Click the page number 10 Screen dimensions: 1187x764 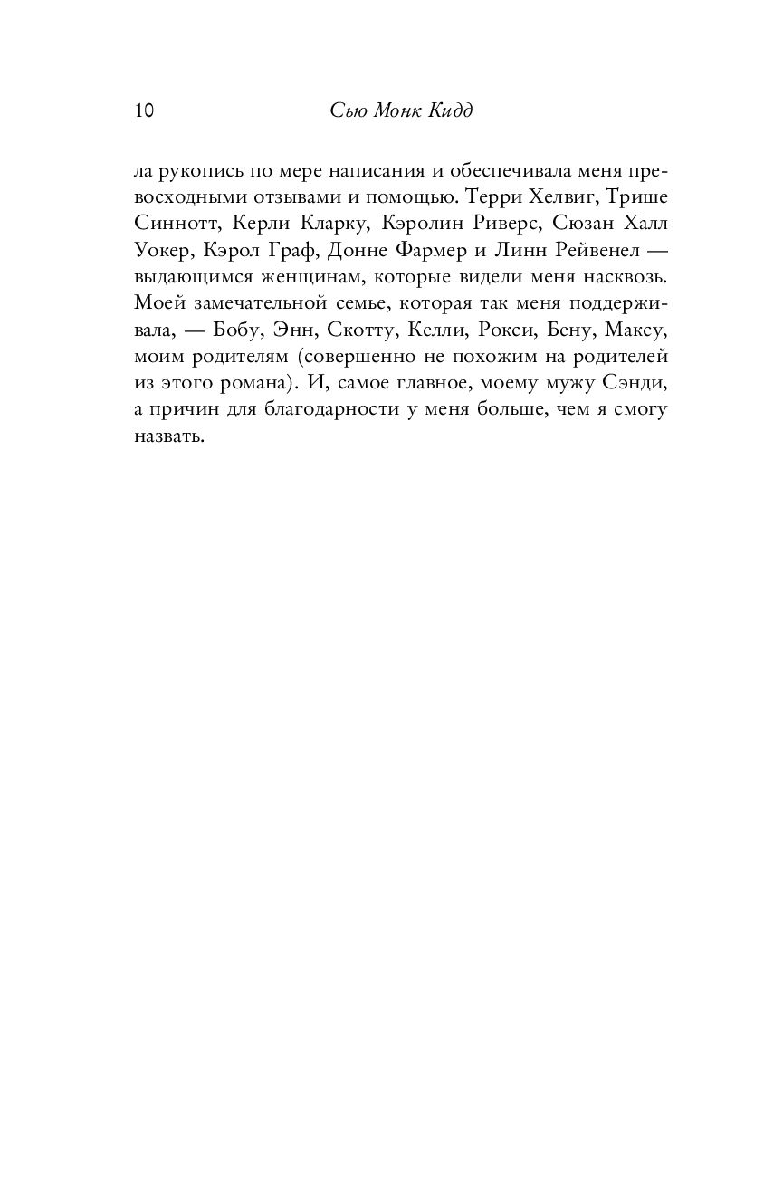tap(144, 110)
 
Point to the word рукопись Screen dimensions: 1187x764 tap(205, 171)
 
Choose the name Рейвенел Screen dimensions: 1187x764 tap(574, 249)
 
